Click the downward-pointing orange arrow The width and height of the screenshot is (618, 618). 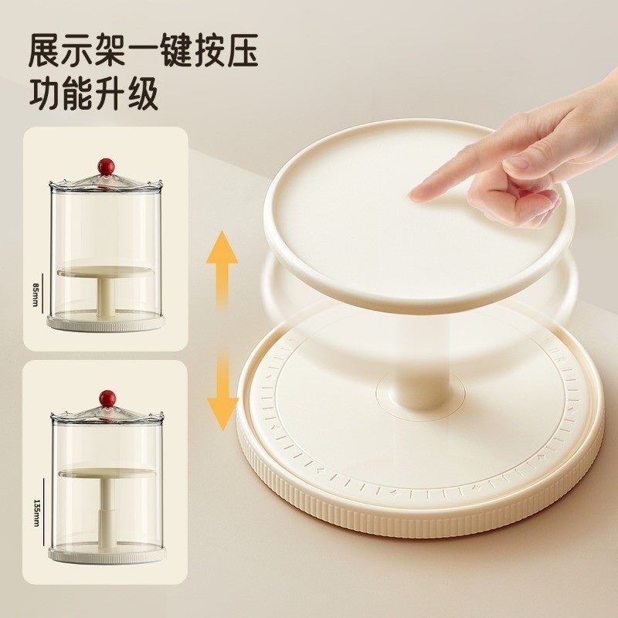pos(222,390)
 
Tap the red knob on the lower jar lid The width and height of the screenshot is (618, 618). pos(105,398)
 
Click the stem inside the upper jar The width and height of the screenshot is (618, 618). pos(106,297)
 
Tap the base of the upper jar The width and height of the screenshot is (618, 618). pos(106,322)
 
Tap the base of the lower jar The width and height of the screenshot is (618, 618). pos(106,553)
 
